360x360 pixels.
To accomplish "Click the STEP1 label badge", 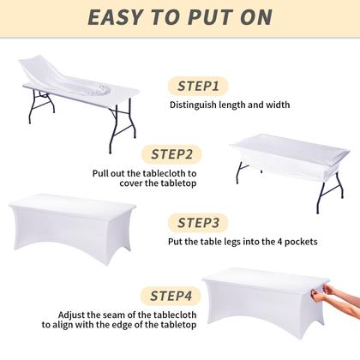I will click(198, 86).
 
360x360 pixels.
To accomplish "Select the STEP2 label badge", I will click(177, 155).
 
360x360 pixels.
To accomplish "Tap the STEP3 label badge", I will click(198, 223).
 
